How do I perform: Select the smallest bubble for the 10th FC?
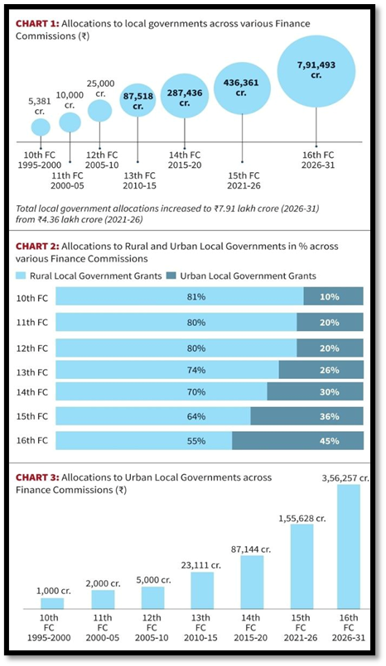pos(41,127)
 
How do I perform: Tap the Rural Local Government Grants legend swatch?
pos(21,276)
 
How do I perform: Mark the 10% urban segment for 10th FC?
pos(333,297)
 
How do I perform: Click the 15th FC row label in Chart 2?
pos(31,417)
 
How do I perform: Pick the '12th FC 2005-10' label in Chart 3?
pos(152,630)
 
